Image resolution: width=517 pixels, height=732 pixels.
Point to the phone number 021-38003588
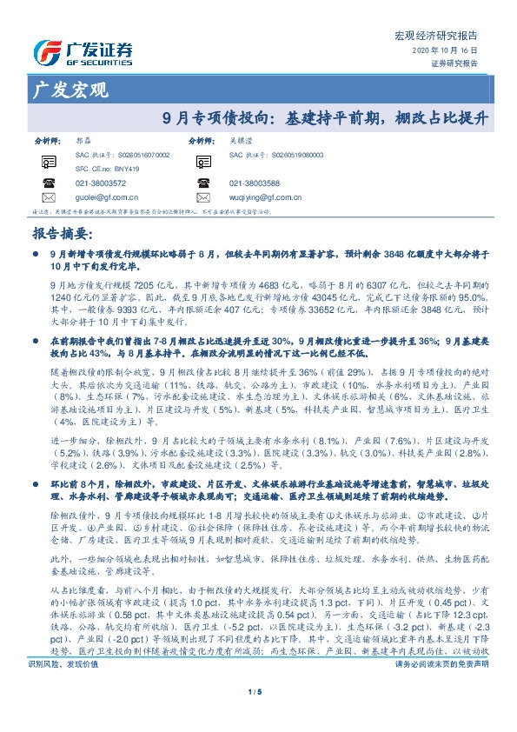tap(255, 184)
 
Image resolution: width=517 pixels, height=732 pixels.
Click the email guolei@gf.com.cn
tap(108, 197)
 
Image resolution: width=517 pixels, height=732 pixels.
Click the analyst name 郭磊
tap(83, 140)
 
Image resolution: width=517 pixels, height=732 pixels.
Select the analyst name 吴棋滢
tap(241, 140)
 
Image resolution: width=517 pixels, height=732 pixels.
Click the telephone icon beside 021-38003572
tap(49, 183)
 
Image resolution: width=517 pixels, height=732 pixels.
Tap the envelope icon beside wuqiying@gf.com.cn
tap(202, 197)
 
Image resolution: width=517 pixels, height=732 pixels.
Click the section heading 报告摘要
tap(61, 234)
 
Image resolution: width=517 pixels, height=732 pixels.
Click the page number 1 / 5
tap(258, 715)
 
